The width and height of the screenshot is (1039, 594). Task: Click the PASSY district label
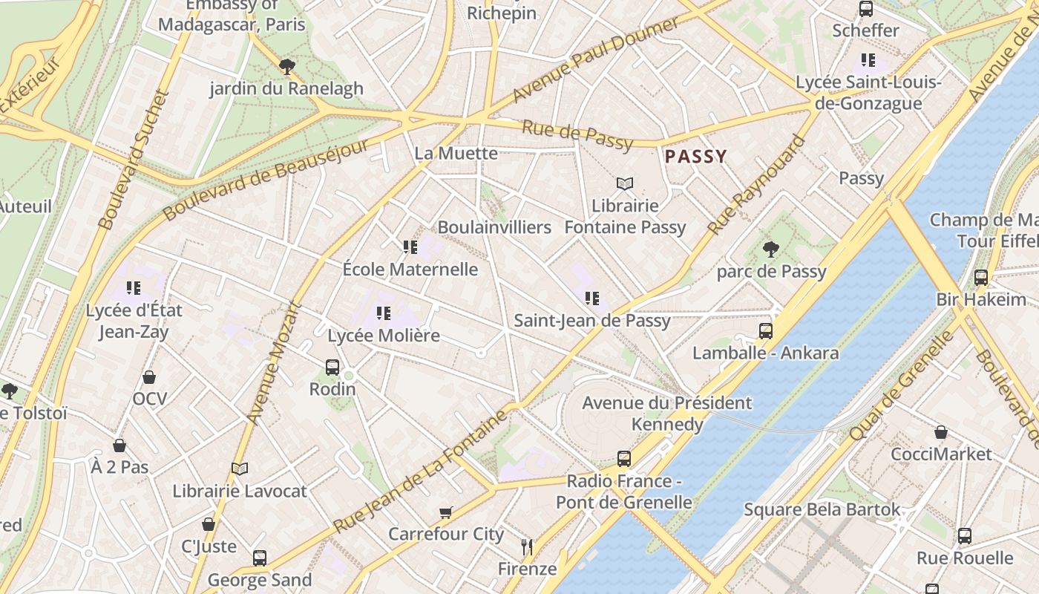tap(695, 157)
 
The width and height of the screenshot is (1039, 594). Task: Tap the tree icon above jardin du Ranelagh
tap(287, 67)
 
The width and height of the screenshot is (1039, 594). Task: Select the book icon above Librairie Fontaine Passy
tap(625, 183)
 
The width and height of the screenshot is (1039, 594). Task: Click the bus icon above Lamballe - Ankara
tap(765, 331)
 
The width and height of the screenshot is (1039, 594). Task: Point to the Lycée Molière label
tap(384, 336)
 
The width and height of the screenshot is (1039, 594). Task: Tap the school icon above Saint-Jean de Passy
tap(591, 298)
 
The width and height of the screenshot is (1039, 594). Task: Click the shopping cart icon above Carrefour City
tap(446, 512)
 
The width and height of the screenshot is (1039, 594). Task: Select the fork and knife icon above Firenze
tap(527, 547)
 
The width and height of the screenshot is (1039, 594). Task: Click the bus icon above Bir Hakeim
tap(981, 278)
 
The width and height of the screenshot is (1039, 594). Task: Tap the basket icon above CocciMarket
tap(940, 432)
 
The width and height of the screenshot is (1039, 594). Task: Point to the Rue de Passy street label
tap(577, 134)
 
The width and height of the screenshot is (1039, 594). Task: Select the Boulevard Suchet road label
tap(134, 160)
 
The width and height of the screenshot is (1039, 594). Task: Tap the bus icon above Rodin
tap(332, 367)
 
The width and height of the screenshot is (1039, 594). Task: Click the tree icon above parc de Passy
tap(771, 249)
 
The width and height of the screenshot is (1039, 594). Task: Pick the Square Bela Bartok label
tap(822, 510)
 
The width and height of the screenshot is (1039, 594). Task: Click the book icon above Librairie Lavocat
tap(239, 469)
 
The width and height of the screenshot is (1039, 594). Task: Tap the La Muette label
tap(456, 154)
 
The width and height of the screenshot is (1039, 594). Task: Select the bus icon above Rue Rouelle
tap(964, 536)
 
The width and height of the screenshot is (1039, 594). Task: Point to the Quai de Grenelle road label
tap(900, 386)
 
